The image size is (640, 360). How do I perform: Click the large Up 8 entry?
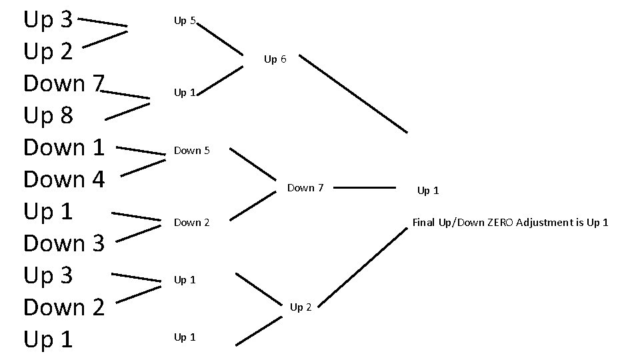[48, 116]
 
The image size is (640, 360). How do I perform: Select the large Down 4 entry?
[64, 179]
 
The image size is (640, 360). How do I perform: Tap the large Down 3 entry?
[64, 243]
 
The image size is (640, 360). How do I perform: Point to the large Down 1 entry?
[64, 147]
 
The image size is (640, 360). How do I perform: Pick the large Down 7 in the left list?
[64, 84]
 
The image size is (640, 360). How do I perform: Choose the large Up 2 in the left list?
[48, 52]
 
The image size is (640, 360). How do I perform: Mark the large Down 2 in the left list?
[64, 307]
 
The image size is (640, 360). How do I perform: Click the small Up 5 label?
[185, 21]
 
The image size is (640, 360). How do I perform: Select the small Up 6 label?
[275, 59]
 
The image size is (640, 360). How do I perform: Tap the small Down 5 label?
[192, 151]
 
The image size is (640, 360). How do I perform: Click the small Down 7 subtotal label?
[305, 188]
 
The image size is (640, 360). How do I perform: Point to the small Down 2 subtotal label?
[192, 223]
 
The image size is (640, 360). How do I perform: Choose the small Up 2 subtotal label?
[301, 307]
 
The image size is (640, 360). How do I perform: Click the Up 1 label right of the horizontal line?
[428, 191]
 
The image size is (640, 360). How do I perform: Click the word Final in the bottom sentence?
[424, 223]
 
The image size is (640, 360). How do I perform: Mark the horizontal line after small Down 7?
[364, 188]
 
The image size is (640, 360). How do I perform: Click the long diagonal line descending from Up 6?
[353, 93]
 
